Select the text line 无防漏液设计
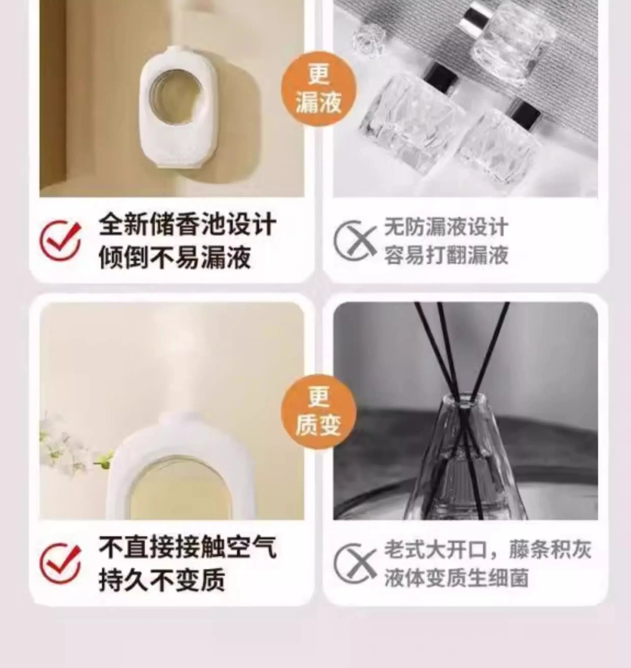(446, 227)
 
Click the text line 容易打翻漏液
(446, 256)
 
